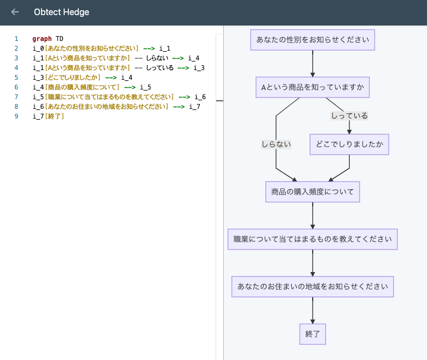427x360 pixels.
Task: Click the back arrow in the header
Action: [x=15, y=12]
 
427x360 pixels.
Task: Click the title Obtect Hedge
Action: [x=61, y=12]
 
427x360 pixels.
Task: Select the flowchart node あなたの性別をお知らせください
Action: [x=313, y=40]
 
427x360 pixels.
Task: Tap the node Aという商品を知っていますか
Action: [x=313, y=87]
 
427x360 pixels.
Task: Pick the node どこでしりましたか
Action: [x=349, y=144]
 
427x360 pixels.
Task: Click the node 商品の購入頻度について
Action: [x=313, y=191]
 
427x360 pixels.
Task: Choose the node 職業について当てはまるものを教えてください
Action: [x=313, y=239]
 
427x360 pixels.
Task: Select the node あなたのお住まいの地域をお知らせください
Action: [x=313, y=286]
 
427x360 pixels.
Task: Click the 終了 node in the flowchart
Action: [x=313, y=334]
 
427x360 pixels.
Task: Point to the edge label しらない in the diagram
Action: [x=276, y=144]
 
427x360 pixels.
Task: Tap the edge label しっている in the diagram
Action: [x=349, y=116]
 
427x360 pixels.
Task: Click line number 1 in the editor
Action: [x=16, y=39]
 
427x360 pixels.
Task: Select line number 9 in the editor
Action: [x=16, y=116]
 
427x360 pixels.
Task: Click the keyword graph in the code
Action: [x=42, y=39]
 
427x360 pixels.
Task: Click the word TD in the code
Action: [x=59, y=39]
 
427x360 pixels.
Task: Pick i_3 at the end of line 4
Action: [x=199, y=68]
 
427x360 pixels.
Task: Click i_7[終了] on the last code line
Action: [x=49, y=116]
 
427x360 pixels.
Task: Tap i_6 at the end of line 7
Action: [x=200, y=97]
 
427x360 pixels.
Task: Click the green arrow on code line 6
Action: [x=129, y=87]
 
